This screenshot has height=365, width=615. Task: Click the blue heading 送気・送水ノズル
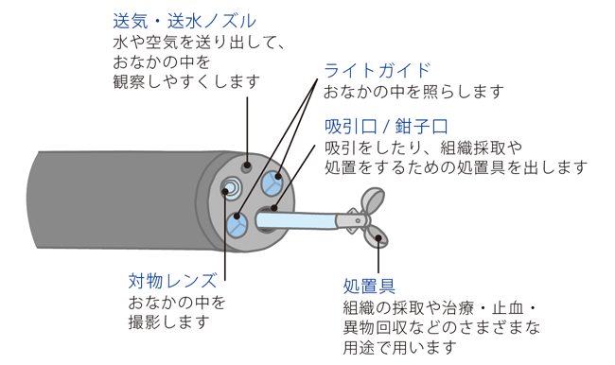[184, 21]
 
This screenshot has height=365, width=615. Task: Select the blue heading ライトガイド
[377, 71]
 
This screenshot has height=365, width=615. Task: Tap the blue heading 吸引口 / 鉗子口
[386, 127]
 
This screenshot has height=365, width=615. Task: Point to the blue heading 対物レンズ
[172, 281]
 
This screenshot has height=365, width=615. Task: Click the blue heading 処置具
[369, 287]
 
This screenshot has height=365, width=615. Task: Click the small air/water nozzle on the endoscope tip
[247, 166]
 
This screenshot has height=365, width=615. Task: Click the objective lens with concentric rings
[232, 187]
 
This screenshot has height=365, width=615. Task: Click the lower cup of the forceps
[376, 237]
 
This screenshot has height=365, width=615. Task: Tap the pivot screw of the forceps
[358, 220]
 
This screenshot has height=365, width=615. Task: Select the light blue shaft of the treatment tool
[296, 220]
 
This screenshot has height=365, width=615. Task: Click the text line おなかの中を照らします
[413, 92]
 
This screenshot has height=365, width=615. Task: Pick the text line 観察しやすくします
[186, 81]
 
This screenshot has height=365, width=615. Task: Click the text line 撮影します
[169, 322]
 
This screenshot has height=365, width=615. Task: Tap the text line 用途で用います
[399, 347]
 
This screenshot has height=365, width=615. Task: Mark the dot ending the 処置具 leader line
[378, 237]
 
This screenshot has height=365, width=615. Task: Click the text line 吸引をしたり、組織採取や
[424, 148]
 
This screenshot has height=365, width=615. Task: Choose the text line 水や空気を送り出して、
[199, 43]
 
